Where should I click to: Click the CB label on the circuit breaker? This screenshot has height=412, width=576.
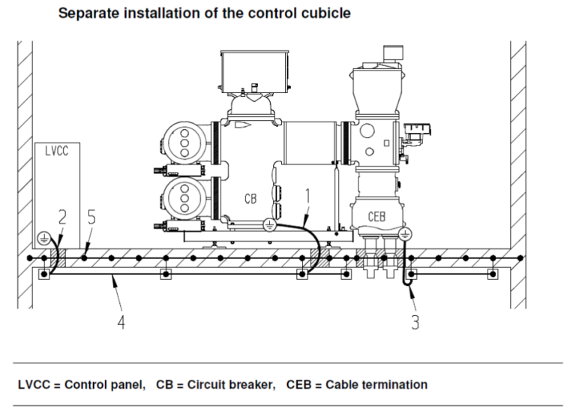point(251,199)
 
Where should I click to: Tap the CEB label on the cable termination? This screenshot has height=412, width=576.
point(376,216)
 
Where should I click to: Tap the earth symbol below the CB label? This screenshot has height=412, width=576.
point(268,223)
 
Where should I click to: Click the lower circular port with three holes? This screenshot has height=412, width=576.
point(182,197)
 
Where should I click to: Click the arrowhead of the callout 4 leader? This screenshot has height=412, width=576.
point(112,280)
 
